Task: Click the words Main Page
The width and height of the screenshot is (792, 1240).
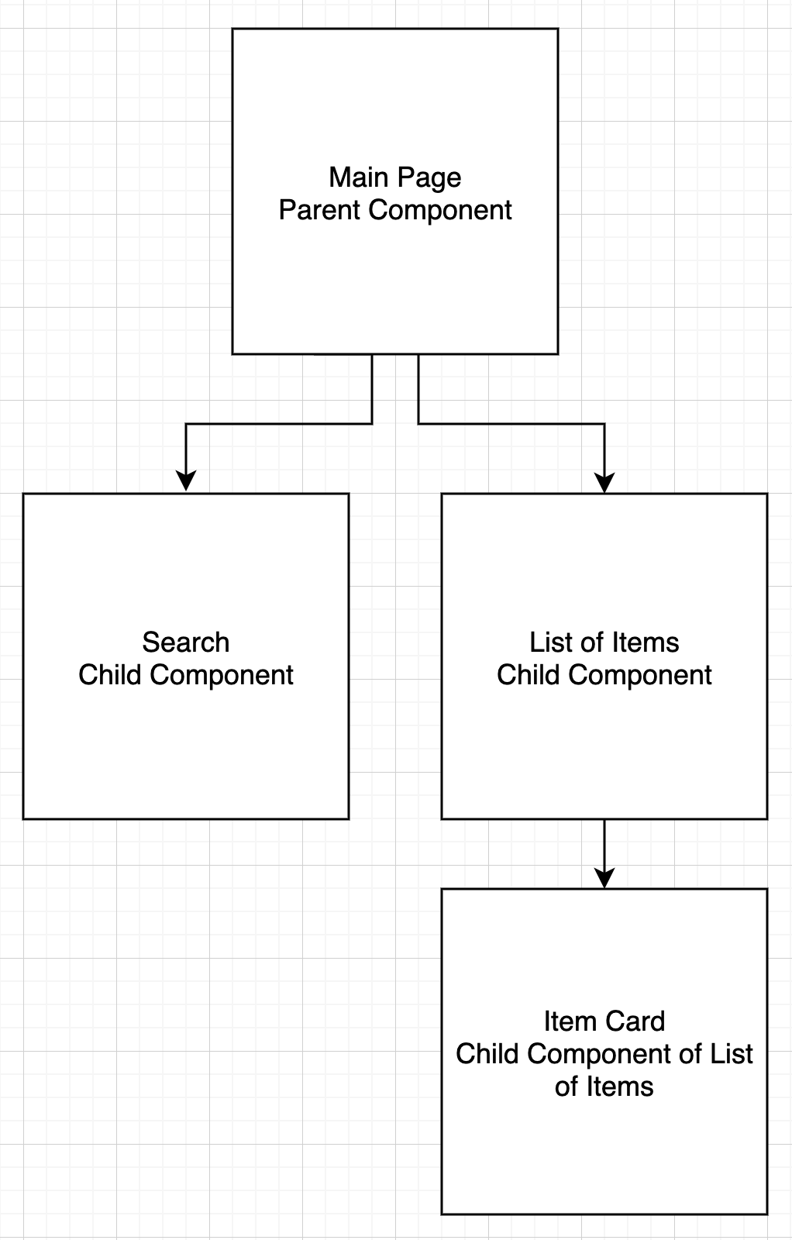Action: pos(394,177)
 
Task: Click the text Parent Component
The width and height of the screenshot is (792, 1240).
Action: pos(394,210)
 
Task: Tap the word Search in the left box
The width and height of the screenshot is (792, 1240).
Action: pos(185,642)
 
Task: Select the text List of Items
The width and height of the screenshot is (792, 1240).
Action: pos(604,642)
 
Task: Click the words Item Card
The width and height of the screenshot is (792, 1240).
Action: pos(604,1021)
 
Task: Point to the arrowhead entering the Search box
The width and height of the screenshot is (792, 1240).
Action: pos(185,482)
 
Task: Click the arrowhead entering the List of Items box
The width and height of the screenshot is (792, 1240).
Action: pos(604,482)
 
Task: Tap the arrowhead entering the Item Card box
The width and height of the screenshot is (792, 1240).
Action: pos(604,877)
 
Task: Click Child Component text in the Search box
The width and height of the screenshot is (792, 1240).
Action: pos(185,675)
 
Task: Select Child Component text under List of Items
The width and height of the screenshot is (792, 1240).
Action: pos(604,675)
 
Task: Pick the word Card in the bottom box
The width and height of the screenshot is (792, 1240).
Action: pos(635,1021)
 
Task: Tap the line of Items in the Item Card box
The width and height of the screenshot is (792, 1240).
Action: pos(604,1087)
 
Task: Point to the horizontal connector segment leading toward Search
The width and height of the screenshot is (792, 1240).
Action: pos(279,424)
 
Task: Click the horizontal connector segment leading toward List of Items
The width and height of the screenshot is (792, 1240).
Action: pos(511,424)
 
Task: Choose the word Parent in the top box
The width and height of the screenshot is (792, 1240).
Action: pos(319,210)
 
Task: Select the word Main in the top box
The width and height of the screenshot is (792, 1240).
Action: pos(358,177)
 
